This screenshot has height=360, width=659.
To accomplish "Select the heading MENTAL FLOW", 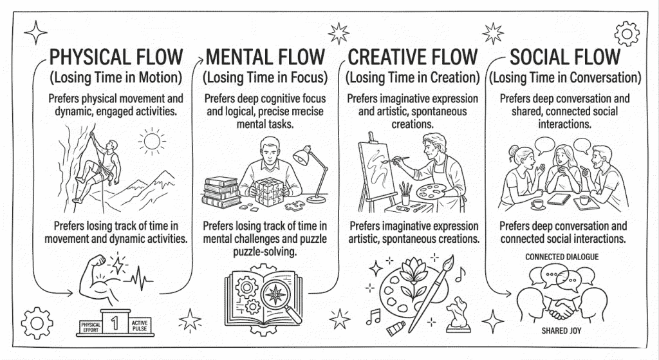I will point(265,56).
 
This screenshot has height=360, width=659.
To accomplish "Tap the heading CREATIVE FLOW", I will point(413,56).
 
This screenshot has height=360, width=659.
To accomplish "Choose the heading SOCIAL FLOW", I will point(564,56).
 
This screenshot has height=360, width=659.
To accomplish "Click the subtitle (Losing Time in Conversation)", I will point(564,79).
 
